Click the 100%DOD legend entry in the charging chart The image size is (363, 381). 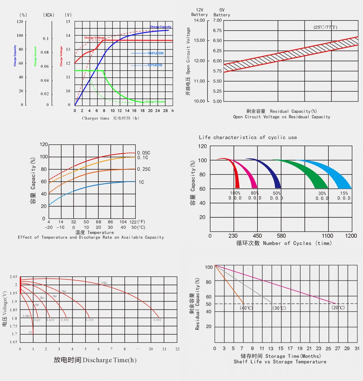click(155, 53)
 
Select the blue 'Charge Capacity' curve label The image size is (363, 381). click(160, 27)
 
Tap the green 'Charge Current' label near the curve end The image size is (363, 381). click(155, 102)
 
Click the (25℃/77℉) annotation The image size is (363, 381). click(326, 27)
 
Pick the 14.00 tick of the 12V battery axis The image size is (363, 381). click(199, 20)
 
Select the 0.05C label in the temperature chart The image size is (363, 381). click(144, 153)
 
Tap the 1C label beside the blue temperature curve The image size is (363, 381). click(141, 182)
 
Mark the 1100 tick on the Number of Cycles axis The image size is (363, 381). click(327, 236)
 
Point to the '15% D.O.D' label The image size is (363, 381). click(344, 196)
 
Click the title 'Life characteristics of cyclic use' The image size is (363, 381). click(248, 138)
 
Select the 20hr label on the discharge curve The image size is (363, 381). click(103, 283)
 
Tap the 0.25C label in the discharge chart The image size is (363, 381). click(89, 320)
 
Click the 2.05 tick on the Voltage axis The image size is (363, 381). click(13, 277)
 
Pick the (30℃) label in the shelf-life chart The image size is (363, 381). click(279, 308)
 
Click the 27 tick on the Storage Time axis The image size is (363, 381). click(337, 348)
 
